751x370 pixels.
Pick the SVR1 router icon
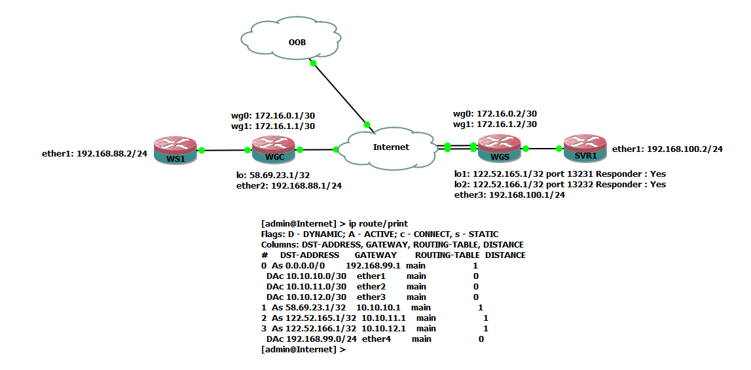[585, 149]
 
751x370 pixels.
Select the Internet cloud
[391, 147]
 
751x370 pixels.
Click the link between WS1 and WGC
[225, 150]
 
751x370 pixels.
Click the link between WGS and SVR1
[542, 149]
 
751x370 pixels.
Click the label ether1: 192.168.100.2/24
[667, 149]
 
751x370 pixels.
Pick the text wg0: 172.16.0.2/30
[495, 113]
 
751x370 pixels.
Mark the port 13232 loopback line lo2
[560, 185]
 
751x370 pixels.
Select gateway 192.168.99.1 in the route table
[372, 266]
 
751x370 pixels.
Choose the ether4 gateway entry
[376, 339]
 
